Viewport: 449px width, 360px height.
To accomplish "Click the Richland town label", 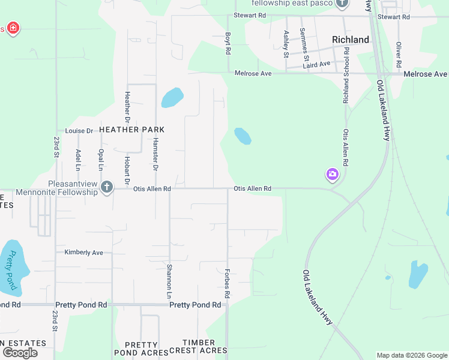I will (x=351, y=40).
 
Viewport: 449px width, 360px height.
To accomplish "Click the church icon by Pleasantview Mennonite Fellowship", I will (x=107, y=187).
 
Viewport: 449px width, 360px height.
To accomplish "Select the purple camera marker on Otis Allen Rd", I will (x=332, y=175).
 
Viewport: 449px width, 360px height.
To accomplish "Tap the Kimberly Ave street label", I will (x=83, y=253).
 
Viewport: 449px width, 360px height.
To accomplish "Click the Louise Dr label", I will (x=79, y=131).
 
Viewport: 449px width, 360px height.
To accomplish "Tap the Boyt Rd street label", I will (x=228, y=44).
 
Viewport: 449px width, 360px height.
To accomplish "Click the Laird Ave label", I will (x=316, y=64).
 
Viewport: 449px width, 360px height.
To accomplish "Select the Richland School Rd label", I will (x=346, y=77).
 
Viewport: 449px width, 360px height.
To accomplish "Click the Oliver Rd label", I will (x=398, y=54).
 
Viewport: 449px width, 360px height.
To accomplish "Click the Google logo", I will (x=20, y=353).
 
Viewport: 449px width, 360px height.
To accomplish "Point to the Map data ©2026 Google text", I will (x=411, y=355).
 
